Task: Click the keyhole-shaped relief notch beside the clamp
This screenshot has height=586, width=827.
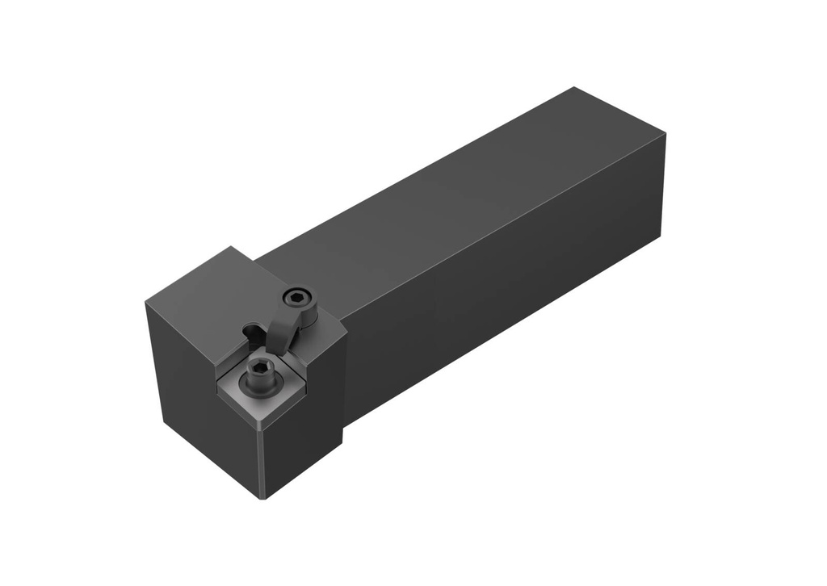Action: click(252, 330)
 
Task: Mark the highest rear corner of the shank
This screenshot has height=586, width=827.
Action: click(574, 87)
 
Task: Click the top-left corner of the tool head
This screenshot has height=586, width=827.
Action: click(146, 303)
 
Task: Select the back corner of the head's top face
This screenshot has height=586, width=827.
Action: click(231, 247)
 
